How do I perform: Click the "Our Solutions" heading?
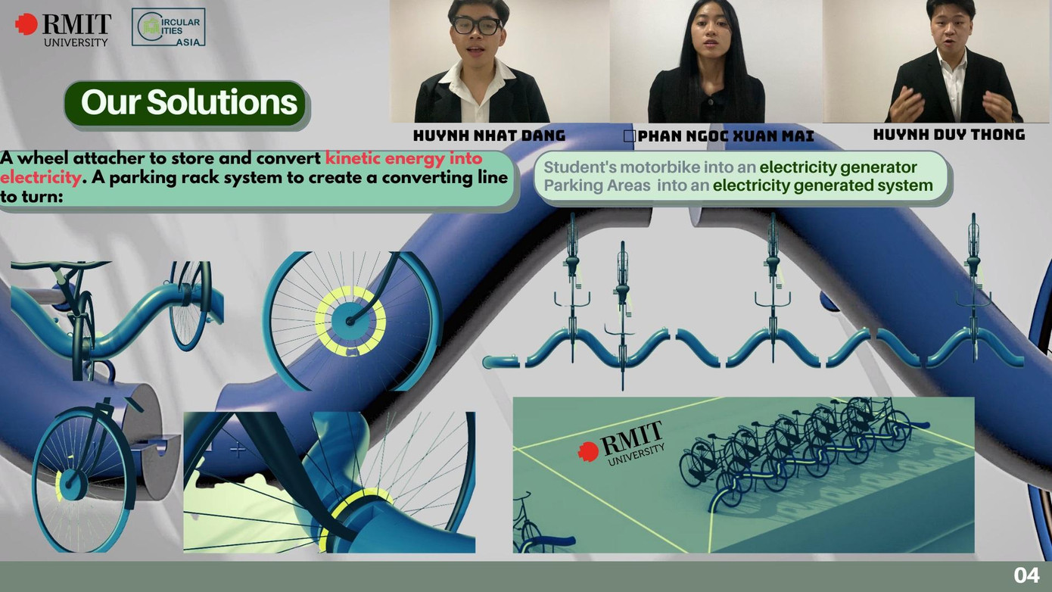[x=188, y=102]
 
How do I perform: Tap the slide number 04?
[x=1026, y=575]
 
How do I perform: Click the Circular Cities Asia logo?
[x=168, y=27]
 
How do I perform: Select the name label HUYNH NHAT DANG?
[x=490, y=136]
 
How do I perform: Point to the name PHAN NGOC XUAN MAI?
[x=726, y=136]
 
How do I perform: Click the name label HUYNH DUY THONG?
[x=949, y=135]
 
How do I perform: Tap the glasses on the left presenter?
[x=476, y=26]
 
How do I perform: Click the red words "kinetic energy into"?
[x=404, y=158]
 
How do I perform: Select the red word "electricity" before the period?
[x=40, y=178]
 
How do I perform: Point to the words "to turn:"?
[x=32, y=197]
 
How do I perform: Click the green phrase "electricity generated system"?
[x=823, y=185]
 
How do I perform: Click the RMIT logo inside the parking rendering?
[x=621, y=443]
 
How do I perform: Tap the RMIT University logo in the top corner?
[x=63, y=29]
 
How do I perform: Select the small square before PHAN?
[x=630, y=136]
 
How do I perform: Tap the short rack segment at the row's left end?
[x=500, y=362]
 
